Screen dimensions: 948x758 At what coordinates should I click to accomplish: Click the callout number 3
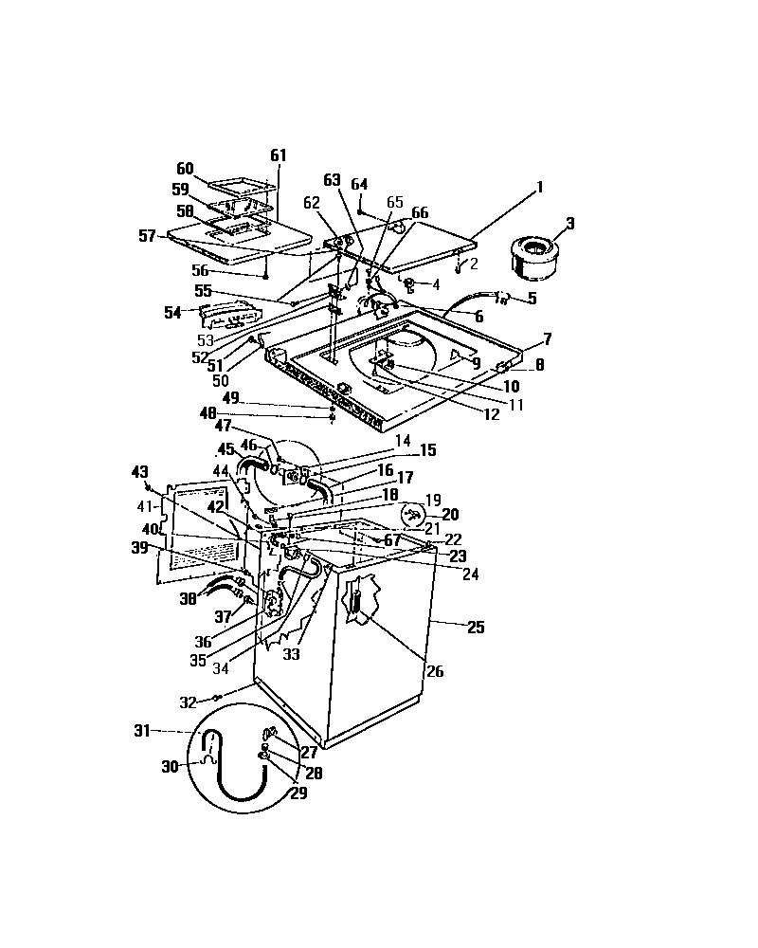click(570, 224)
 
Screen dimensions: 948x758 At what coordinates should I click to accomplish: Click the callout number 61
click(278, 155)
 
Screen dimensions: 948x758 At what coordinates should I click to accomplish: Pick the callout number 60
click(185, 169)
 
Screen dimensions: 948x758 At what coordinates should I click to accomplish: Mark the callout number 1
click(539, 188)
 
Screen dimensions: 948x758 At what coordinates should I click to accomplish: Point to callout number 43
click(139, 471)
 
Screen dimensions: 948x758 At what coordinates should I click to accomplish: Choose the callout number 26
click(435, 672)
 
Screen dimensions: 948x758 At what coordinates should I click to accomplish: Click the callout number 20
click(449, 514)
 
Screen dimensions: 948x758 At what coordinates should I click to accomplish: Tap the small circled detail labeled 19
click(412, 514)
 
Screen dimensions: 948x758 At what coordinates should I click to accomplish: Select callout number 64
click(359, 184)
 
